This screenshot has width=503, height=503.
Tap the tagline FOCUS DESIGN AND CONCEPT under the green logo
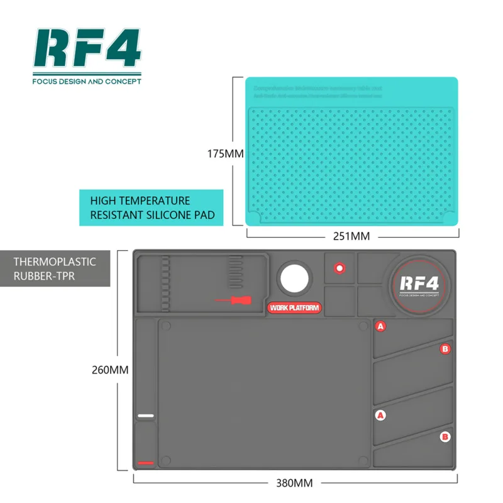[87, 81]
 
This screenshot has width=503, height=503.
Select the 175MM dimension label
[226, 153]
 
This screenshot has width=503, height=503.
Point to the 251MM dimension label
[351, 236]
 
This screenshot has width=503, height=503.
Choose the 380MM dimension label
[295, 483]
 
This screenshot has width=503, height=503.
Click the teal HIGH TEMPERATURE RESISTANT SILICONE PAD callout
[152, 207]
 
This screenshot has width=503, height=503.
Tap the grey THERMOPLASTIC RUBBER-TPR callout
[55, 268]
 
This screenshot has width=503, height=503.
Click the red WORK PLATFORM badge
[294, 308]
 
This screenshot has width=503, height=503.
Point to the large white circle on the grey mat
[295, 277]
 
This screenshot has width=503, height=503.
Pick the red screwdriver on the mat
[233, 300]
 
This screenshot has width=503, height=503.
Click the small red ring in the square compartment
[340, 268]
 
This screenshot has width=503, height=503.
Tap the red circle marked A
[380, 326]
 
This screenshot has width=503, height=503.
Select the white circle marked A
[380, 415]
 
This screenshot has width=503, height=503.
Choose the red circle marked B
[445, 348]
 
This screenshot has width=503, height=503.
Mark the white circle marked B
[445, 436]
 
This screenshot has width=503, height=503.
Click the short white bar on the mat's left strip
[146, 416]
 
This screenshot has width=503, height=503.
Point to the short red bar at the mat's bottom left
[146, 463]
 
